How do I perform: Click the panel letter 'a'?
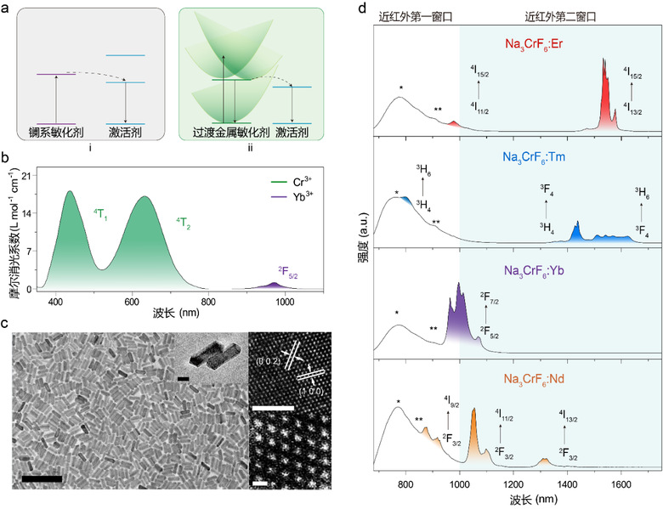click(8, 8)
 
